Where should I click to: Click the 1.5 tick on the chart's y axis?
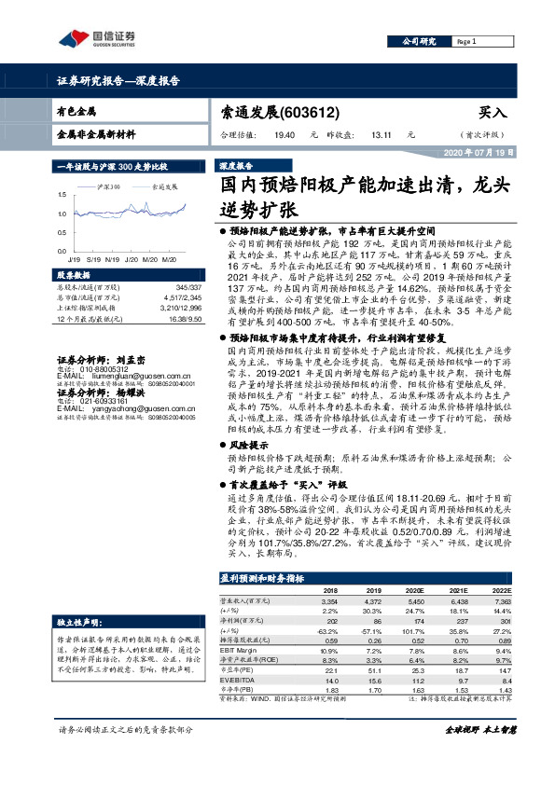click(x=62, y=194)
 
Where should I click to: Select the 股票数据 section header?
click(x=74, y=276)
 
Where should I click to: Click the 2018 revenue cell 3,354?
click(x=329, y=601)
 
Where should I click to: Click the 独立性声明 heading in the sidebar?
click(x=78, y=621)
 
